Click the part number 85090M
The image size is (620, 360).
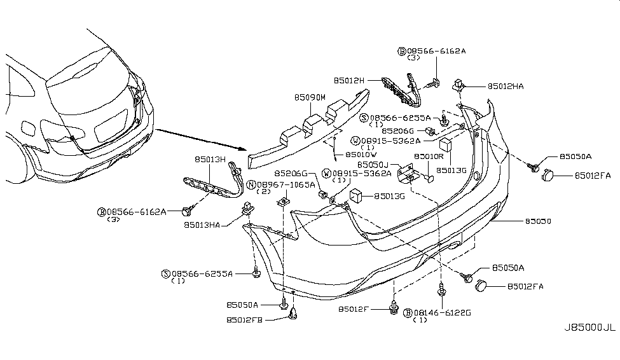(x=310, y=97)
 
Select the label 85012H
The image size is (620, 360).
(x=349, y=81)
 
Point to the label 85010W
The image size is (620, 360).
(x=361, y=154)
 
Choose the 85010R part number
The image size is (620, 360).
(x=428, y=156)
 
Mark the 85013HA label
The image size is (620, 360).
(x=202, y=224)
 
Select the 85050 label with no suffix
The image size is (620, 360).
(x=538, y=221)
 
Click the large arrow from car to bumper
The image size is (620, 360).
(x=201, y=140)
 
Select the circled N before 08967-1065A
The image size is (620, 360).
(x=251, y=184)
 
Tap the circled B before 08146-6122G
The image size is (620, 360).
(x=407, y=312)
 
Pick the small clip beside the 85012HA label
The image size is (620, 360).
(x=458, y=84)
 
